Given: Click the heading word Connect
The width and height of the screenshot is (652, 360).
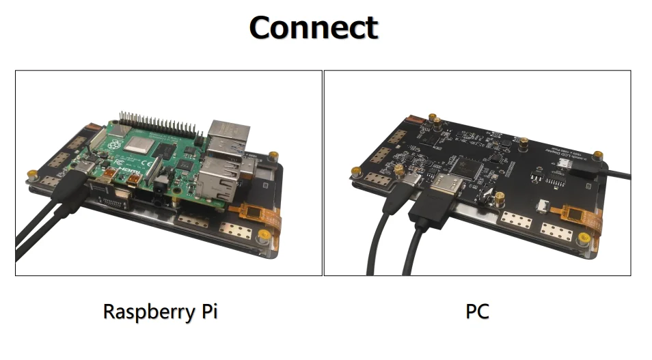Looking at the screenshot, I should tap(313, 28).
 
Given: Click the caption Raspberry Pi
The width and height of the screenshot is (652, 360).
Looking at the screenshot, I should tap(160, 311).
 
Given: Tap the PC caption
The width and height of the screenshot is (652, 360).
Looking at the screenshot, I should tap(477, 311).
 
